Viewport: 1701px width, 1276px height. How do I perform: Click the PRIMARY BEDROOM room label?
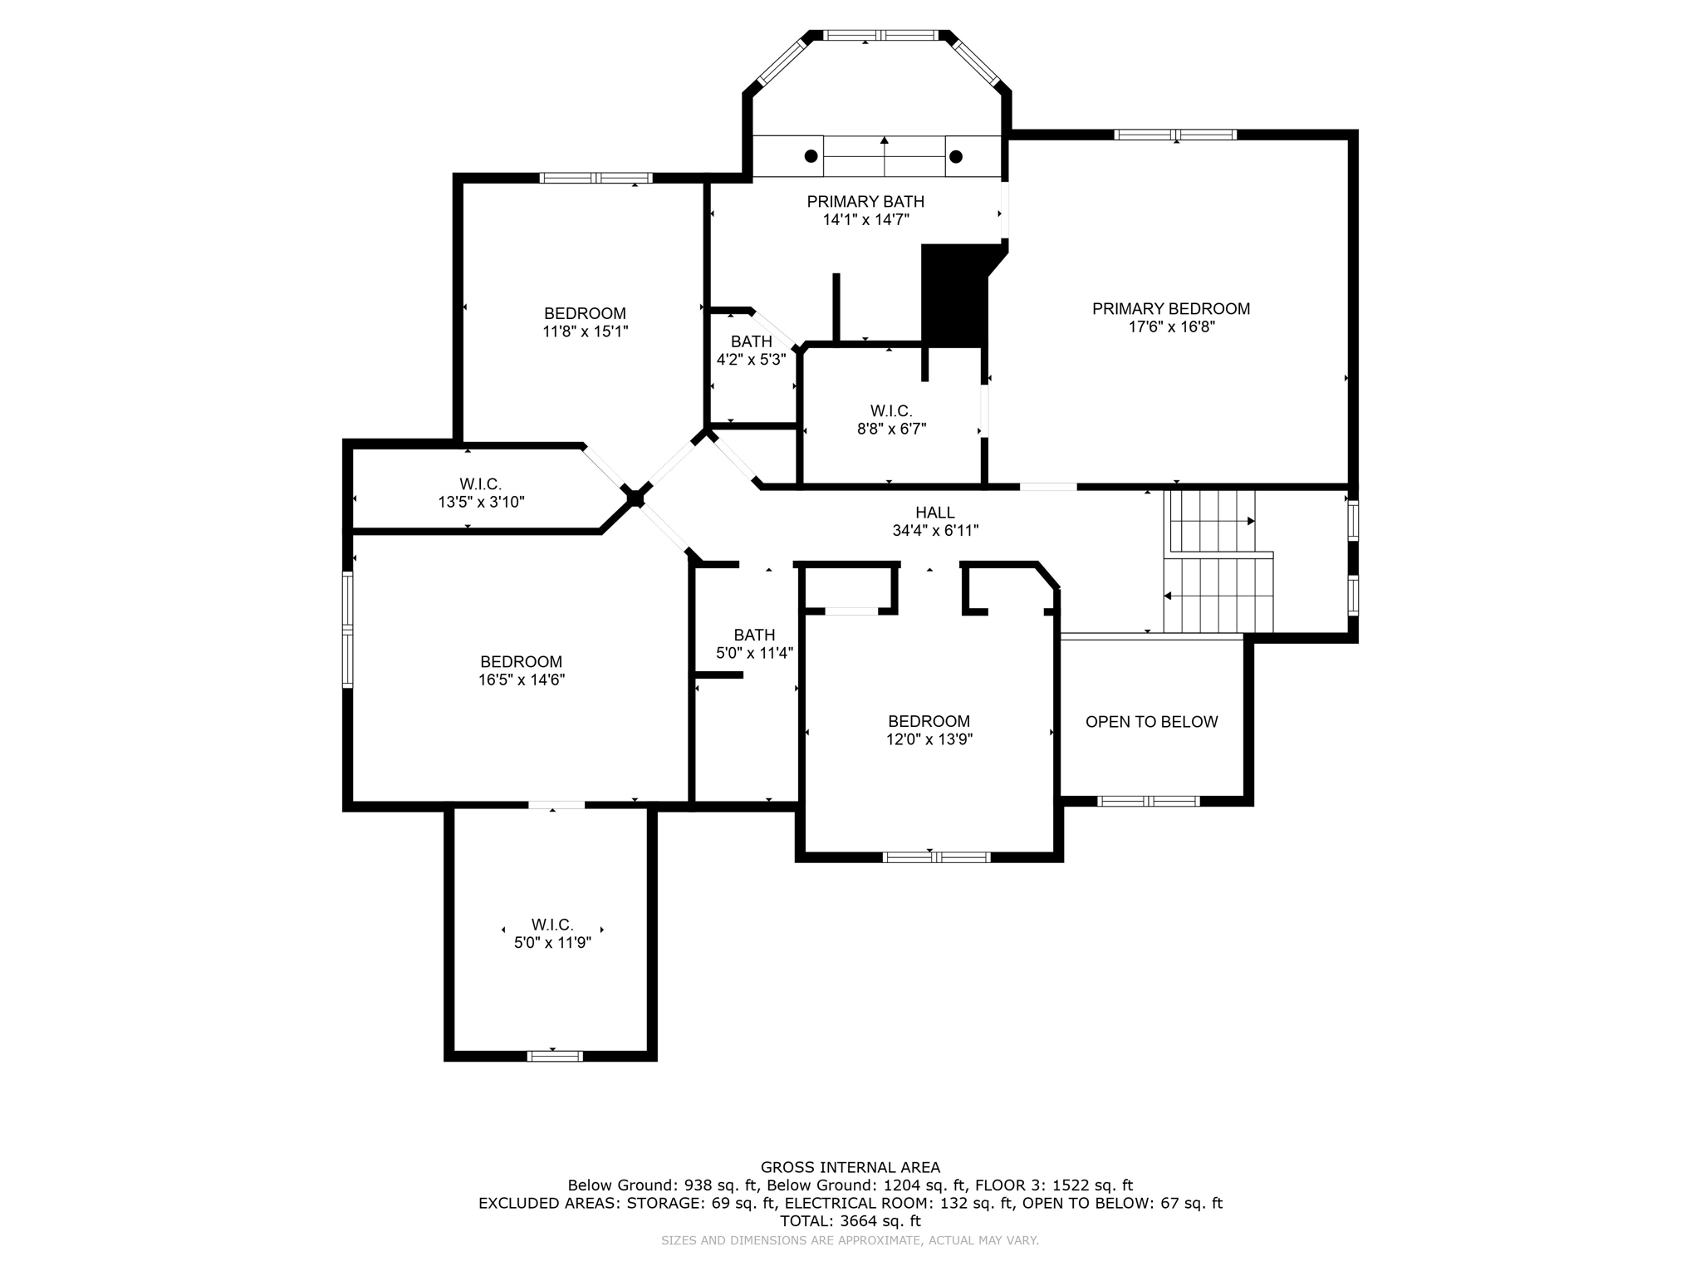point(1171,309)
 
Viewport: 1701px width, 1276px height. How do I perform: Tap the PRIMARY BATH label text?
point(865,202)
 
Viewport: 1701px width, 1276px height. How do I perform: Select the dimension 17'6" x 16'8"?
point(1171,327)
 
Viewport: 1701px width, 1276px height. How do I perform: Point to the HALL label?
point(935,513)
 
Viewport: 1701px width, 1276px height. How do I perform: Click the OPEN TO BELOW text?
point(1151,722)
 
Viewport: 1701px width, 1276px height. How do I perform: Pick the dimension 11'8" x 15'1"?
point(585,331)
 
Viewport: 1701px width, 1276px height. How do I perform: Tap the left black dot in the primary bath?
point(811,156)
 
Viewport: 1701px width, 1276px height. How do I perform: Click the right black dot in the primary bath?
point(956,156)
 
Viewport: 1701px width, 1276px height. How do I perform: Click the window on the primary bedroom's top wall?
point(1175,135)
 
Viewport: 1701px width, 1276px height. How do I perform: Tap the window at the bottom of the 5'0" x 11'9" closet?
point(555,1056)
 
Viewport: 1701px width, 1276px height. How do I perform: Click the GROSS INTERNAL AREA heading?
point(850,1167)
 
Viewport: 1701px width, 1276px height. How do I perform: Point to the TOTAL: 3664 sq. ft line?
point(850,1221)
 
